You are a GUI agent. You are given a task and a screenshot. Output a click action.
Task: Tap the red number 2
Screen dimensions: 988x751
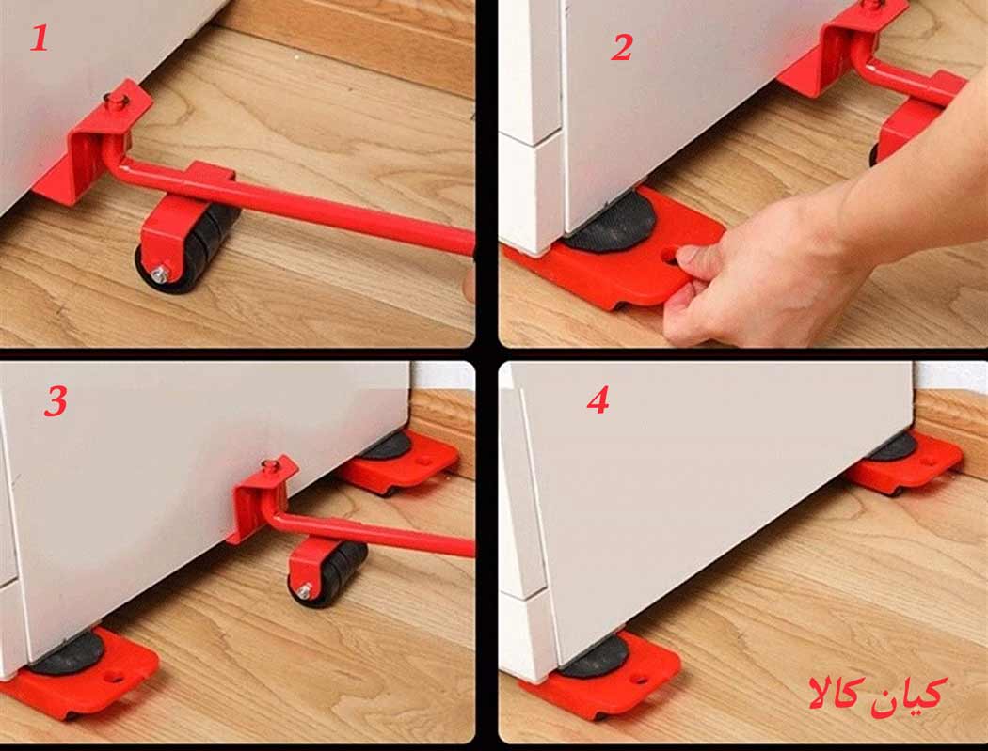pos(621,47)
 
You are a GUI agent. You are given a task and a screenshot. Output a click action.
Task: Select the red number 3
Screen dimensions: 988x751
pos(56,401)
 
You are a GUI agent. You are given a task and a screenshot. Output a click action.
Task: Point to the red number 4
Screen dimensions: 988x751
pos(598,399)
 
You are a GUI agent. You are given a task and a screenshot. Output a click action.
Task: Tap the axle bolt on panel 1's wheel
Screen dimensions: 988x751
pos(160,274)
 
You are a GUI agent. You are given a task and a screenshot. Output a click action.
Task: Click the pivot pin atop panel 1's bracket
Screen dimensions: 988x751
pos(116,100)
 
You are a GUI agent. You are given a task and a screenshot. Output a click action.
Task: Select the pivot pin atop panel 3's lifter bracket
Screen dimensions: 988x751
pos(271,466)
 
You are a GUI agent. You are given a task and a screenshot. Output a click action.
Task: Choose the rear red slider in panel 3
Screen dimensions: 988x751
pos(398,462)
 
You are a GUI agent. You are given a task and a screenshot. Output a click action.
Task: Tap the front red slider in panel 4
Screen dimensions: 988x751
pos(602,677)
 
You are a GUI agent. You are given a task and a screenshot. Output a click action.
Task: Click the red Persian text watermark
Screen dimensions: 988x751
pos(877,693)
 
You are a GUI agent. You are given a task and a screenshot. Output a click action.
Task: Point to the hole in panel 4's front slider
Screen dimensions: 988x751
pos(638,680)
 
